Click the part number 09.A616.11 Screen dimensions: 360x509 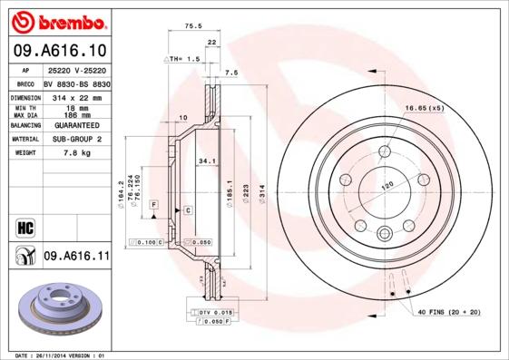coord(76,258)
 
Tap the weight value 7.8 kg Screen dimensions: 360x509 coord(77,153)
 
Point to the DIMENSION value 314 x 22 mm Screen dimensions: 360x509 coord(77,97)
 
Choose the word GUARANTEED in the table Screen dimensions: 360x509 coord(77,125)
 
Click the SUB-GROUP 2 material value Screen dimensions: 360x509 coord(77,140)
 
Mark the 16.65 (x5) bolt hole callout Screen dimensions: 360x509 coord(424,108)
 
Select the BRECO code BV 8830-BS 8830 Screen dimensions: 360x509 coord(77,83)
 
